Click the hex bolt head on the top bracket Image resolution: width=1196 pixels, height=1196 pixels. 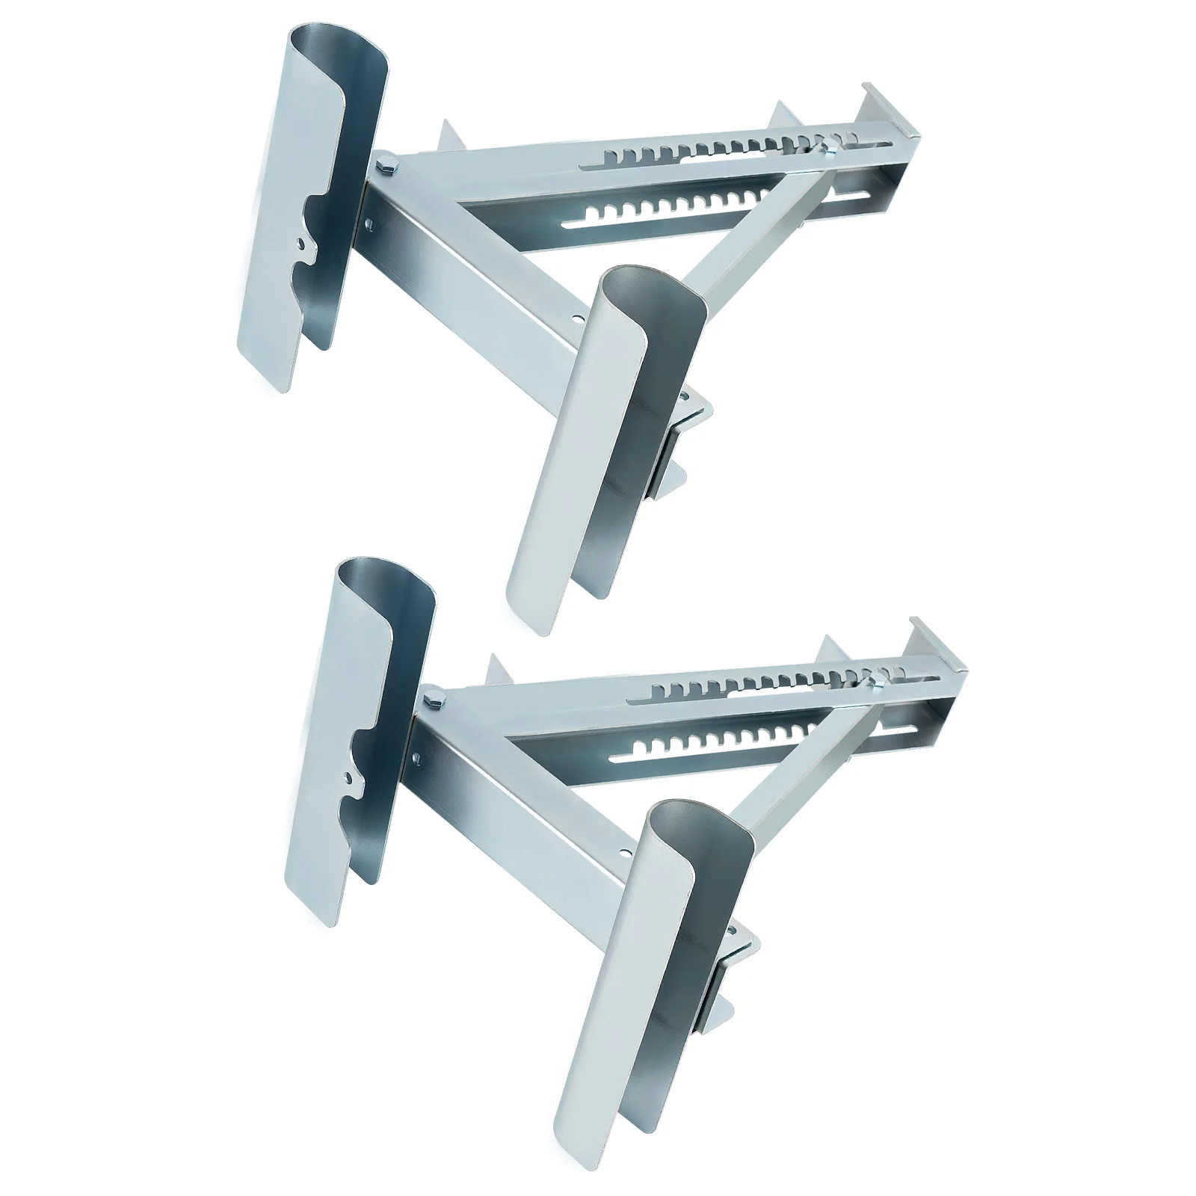(387, 164)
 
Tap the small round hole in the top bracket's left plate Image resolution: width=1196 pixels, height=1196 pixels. (300, 243)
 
